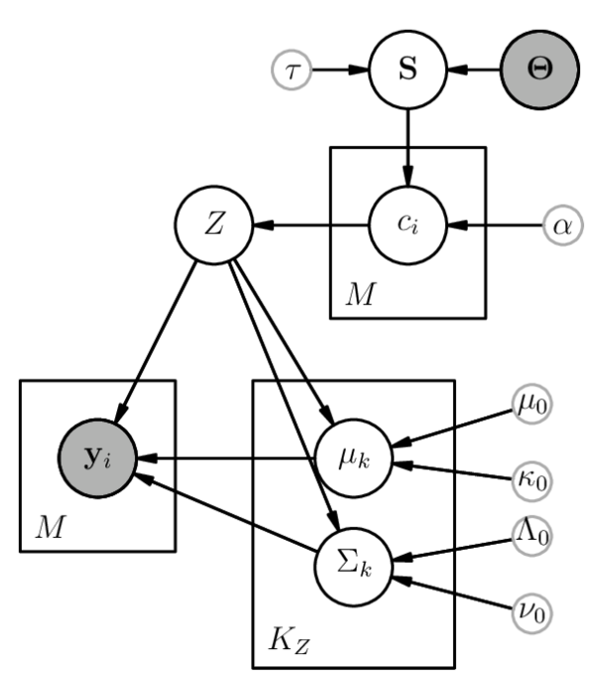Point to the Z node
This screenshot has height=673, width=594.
[x=214, y=224]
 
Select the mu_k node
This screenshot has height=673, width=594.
[x=353, y=459]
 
